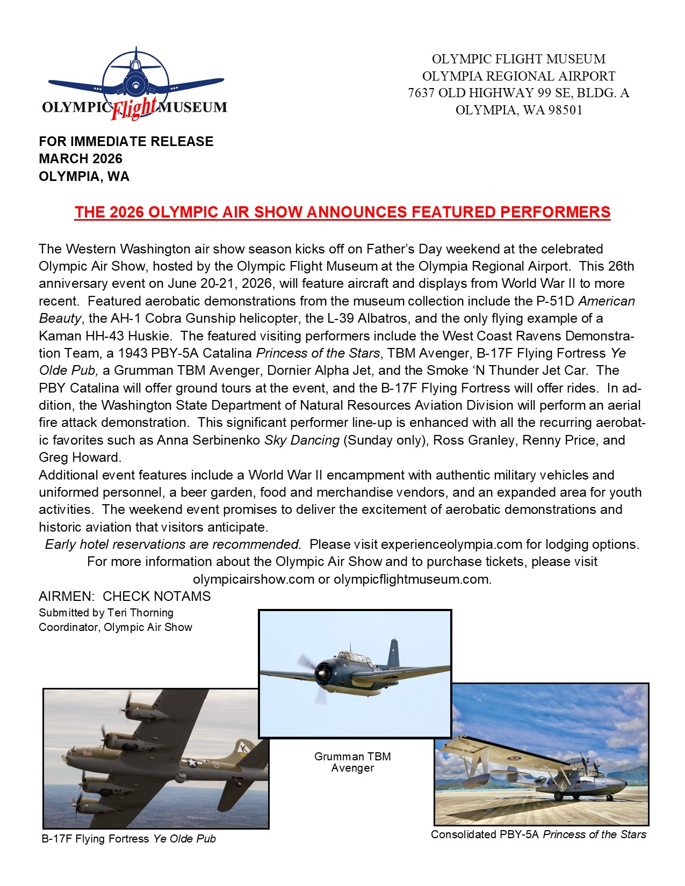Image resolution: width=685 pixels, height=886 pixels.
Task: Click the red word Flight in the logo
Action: (x=134, y=108)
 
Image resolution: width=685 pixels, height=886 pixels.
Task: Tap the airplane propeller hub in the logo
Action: (x=134, y=85)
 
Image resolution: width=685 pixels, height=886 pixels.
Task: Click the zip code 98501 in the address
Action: (x=565, y=110)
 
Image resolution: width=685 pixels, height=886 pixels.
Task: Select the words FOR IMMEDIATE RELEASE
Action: (x=126, y=141)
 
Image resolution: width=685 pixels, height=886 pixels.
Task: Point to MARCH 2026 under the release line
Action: (x=81, y=158)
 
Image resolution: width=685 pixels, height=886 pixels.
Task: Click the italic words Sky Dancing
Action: (x=301, y=440)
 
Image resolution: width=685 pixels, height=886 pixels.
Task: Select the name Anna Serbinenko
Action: (x=208, y=440)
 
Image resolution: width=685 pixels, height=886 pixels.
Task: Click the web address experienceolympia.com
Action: (x=451, y=544)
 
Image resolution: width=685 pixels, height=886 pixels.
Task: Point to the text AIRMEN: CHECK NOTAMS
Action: (x=125, y=597)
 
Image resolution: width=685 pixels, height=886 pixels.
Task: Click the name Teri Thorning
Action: (x=140, y=613)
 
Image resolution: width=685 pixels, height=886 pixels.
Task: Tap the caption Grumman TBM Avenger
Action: (x=352, y=762)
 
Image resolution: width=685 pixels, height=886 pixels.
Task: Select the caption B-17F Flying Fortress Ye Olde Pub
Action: (x=129, y=839)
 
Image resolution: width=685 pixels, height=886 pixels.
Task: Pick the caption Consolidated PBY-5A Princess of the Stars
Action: (x=538, y=834)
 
